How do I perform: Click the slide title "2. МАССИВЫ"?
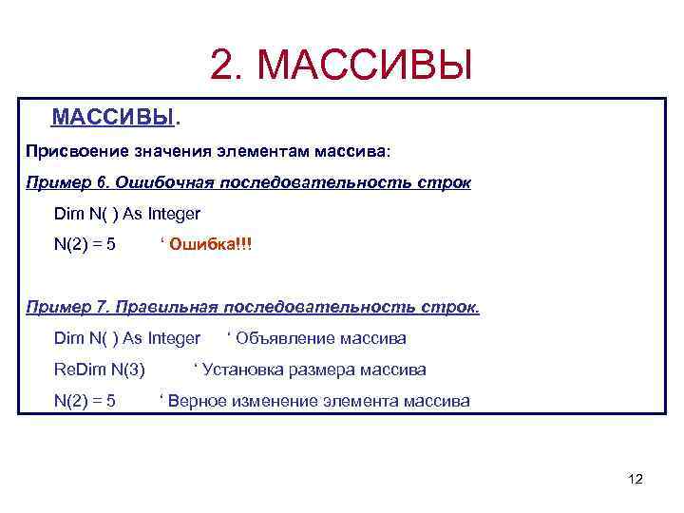click(341, 66)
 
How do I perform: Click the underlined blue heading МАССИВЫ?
click(114, 118)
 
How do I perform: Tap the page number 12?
click(636, 479)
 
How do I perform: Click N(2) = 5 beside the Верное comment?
click(85, 401)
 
